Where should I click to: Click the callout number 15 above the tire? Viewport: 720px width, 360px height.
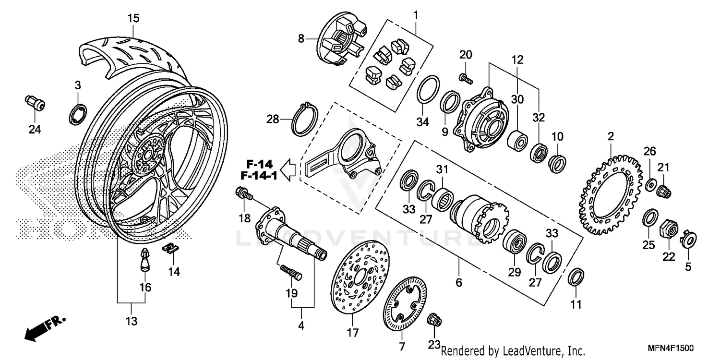(x=133, y=19)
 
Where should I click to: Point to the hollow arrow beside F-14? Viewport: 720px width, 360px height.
(x=288, y=170)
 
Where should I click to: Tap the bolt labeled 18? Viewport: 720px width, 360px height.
(x=244, y=194)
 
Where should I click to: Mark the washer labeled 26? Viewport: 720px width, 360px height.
(x=651, y=183)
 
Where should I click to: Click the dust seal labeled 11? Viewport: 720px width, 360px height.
(x=576, y=277)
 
